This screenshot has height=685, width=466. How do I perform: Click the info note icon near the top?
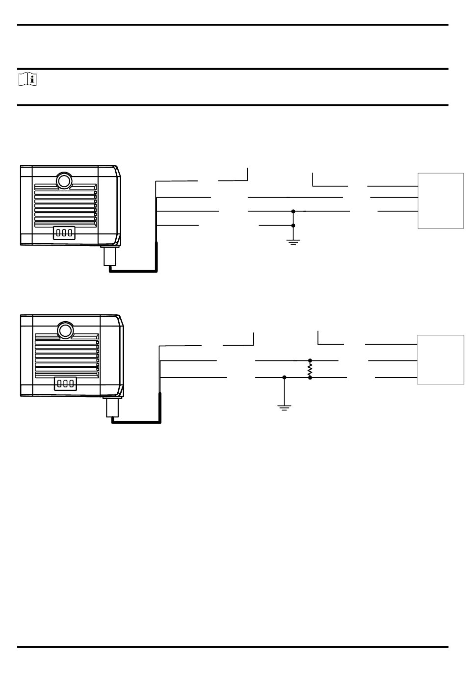click(28, 79)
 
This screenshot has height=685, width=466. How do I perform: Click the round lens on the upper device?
click(63, 180)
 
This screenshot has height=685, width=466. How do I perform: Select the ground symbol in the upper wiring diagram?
click(293, 241)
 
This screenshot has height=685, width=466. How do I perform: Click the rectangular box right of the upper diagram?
click(440, 201)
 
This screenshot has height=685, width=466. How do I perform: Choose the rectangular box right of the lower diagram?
click(440, 359)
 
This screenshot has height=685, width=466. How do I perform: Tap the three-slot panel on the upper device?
click(64, 232)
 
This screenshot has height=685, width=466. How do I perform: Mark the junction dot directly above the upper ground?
click(293, 226)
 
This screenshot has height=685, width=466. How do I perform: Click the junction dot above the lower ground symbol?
click(285, 378)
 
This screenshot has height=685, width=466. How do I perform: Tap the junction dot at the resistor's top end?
click(310, 360)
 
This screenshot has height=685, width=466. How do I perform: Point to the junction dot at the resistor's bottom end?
click(310, 378)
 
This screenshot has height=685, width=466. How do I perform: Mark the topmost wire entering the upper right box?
click(392, 186)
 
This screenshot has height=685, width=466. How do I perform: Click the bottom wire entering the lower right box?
click(396, 378)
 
